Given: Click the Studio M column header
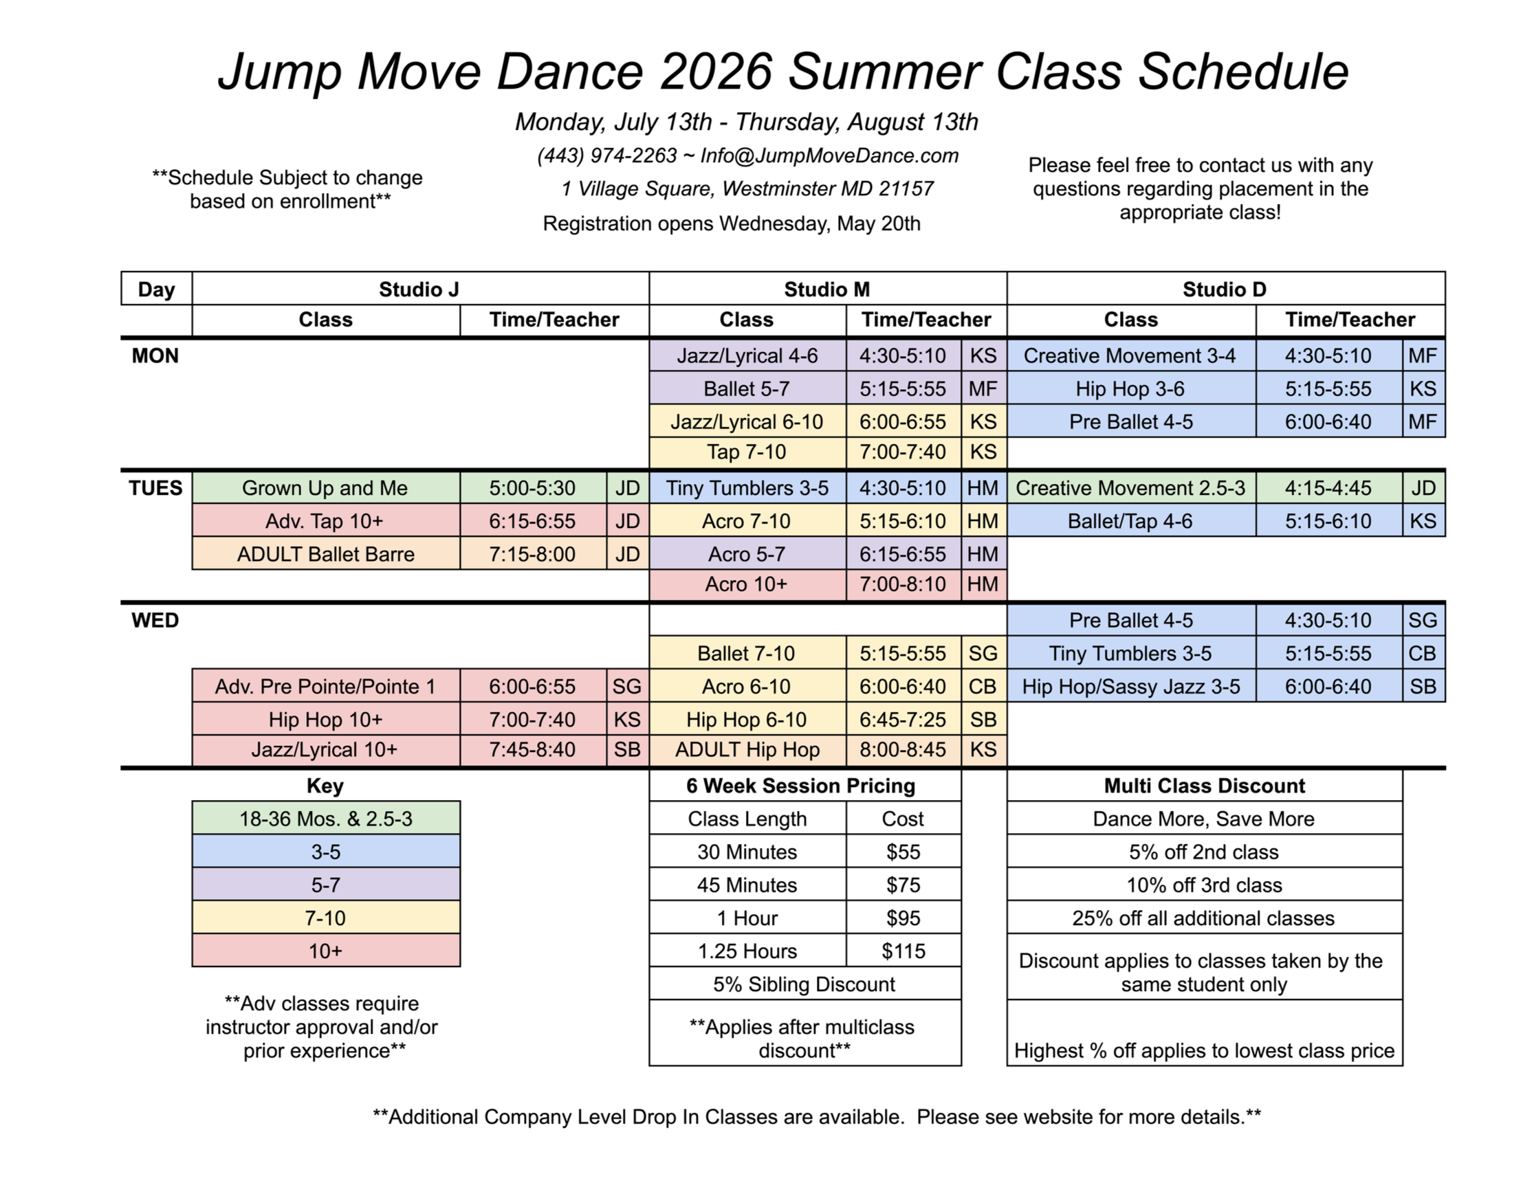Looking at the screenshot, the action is (827, 289).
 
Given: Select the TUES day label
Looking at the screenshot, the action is (155, 488).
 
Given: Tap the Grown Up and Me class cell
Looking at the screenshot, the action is (326, 488).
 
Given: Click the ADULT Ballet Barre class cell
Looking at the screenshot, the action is (326, 554).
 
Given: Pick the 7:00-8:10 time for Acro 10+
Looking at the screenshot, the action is (903, 584).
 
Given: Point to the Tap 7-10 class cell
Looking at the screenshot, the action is (747, 452).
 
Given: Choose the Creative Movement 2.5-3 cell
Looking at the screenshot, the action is (1131, 488).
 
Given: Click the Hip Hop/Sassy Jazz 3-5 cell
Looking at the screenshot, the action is (1131, 686).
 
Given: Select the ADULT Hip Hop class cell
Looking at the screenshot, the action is (747, 750).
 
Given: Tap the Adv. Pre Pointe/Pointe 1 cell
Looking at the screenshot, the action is (326, 686).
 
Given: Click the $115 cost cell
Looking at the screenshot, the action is (903, 951).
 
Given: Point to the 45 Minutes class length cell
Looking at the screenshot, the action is (747, 885).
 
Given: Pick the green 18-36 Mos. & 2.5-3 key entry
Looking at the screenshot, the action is (326, 819).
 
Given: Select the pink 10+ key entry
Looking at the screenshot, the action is (326, 951).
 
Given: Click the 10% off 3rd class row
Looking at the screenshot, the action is (1205, 885).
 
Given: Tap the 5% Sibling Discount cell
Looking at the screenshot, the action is (805, 984).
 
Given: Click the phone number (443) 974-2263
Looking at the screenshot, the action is (607, 156).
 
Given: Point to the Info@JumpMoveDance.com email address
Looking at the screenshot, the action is (829, 156).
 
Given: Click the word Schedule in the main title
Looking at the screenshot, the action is (1242, 71).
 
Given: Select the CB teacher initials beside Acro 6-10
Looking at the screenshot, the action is (983, 686).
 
